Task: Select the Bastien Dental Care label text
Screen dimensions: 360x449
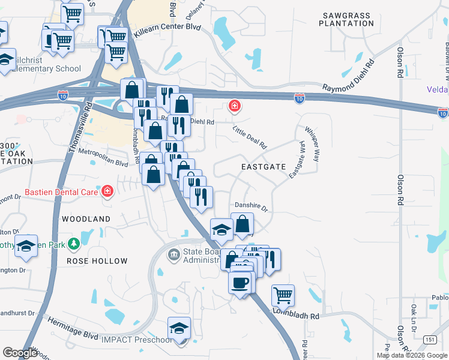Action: pyautogui.click(x=62, y=192)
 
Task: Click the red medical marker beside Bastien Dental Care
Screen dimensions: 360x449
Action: pyautogui.click(x=107, y=191)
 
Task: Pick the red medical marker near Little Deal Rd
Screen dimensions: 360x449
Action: pyautogui.click(x=234, y=107)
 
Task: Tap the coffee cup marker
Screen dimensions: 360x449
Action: pyautogui.click(x=240, y=282)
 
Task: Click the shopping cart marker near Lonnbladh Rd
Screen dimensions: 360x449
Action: pyautogui.click(x=283, y=295)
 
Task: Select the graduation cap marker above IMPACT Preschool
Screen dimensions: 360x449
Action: pyautogui.click(x=179, y=328)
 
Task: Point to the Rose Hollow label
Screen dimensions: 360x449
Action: pyautogui.click(x=97, y=261)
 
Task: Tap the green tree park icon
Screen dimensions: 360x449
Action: pyautogui.click(x=74, y=244)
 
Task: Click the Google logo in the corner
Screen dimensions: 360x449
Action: pyautogui.click(x=20, y=353)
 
